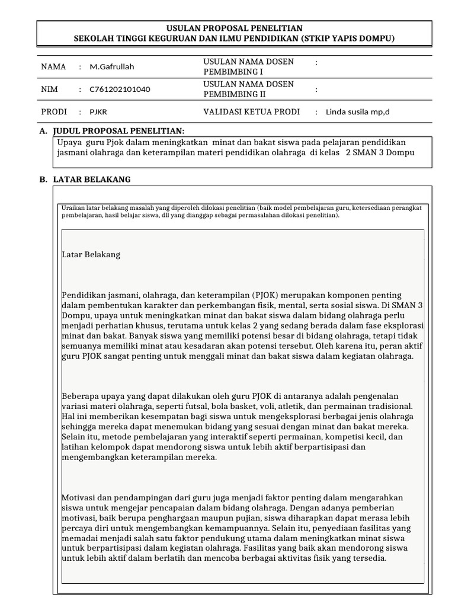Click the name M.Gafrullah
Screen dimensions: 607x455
[112, 67]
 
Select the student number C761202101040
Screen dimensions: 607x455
[120, 90]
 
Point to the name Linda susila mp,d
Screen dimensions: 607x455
[358, 111]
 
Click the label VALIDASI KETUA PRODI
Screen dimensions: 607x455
[251, 111]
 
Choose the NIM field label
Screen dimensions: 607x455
[50, 90]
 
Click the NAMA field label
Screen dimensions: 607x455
[53, 67]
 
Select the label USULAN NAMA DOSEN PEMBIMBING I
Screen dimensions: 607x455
[248, 66]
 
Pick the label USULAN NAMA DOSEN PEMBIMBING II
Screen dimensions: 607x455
[248, 89]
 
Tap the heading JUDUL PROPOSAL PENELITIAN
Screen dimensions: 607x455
[118, 130]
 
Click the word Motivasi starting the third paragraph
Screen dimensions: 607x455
[80, 498]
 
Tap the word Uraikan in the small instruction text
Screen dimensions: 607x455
[73, 209]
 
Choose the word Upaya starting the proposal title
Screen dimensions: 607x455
[69, 142]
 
